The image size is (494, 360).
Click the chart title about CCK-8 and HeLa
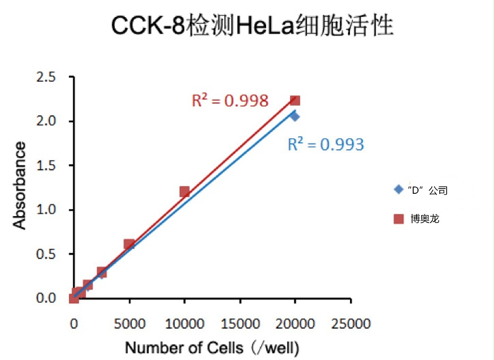click(252, 25)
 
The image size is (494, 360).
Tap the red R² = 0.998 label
click(229, 100)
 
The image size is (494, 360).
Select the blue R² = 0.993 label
click(326, 144)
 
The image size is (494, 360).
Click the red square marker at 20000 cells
click(295, 100)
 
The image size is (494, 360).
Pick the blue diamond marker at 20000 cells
click(295, 116)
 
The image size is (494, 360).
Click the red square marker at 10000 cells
click(184, 192)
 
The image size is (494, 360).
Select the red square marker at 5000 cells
click(129, 244)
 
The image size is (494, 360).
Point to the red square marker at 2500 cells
click(101, 272)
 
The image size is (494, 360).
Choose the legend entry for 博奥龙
click(419, 218)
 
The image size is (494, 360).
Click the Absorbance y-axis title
click(20, 185)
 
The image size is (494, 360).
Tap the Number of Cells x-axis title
click(212, 348)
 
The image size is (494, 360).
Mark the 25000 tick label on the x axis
click(350, 323)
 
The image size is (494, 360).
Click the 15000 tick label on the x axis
click(240, 323)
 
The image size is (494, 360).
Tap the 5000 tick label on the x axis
click(129, 323)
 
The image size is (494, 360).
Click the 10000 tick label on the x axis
click(184, 323)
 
